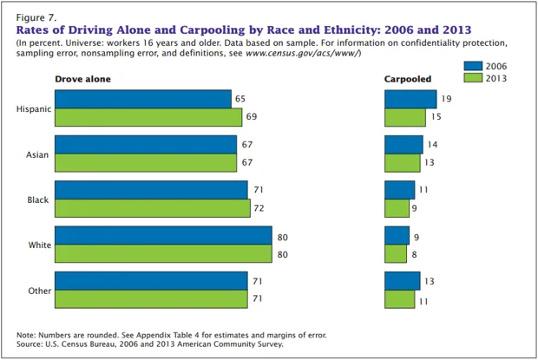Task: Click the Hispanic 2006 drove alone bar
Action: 142,100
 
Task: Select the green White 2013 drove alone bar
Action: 163,253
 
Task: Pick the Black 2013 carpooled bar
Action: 397,208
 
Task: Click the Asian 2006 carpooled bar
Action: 403,145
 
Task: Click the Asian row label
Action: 36,154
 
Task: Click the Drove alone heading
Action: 82,79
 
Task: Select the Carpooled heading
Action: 408,79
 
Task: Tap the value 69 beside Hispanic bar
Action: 252,115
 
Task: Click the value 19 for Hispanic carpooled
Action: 445,100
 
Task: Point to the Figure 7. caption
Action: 36,16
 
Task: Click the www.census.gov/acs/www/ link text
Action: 302,54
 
